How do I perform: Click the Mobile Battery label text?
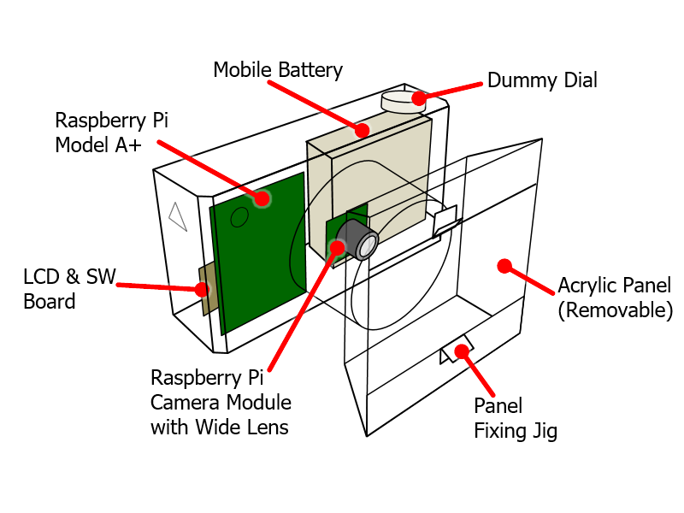[278, 70]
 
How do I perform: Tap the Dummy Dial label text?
[542, 80]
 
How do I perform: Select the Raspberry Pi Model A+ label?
[112, 133]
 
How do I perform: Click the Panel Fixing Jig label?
[516, 418]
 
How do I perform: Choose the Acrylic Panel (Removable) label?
[614, 297]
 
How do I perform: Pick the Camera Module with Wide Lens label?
[221, 402]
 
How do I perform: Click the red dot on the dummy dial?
[419, 98]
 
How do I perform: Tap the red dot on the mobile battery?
[363, 130]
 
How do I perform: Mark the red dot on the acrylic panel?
[504, 266]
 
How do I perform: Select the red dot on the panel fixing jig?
[463, 351]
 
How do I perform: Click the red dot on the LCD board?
[202, 289]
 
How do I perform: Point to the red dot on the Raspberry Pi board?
[263, 198]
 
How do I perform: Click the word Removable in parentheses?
[614, 310]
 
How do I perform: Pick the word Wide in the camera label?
[216, 427]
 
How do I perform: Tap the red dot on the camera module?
[338, 248]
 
